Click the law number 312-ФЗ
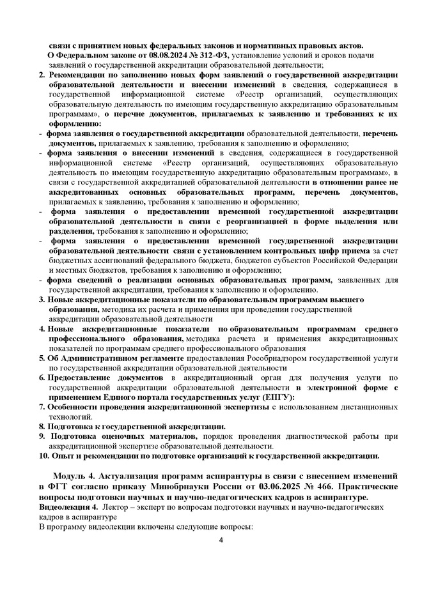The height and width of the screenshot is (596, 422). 200,55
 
